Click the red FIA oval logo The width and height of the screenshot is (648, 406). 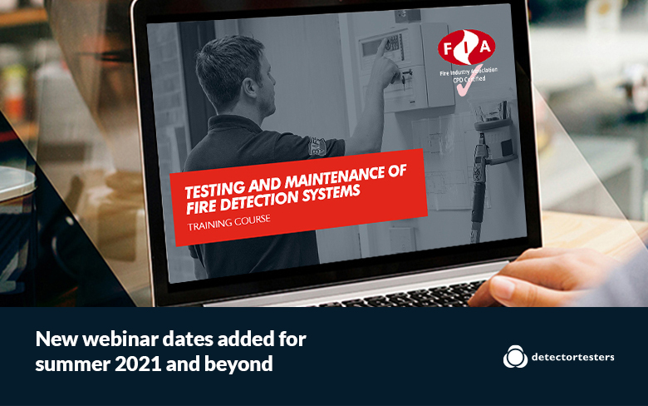[467, 47]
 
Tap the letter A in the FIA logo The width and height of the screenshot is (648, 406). [485, 46]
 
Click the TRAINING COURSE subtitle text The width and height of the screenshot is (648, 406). [229, 222]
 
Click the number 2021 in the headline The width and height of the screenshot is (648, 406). [138, 364]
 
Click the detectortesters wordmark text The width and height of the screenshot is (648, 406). [572, 357]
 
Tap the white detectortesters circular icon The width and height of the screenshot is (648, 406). [515, 356]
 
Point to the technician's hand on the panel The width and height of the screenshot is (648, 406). [385, 62]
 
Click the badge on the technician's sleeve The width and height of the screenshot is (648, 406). [317, 146]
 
